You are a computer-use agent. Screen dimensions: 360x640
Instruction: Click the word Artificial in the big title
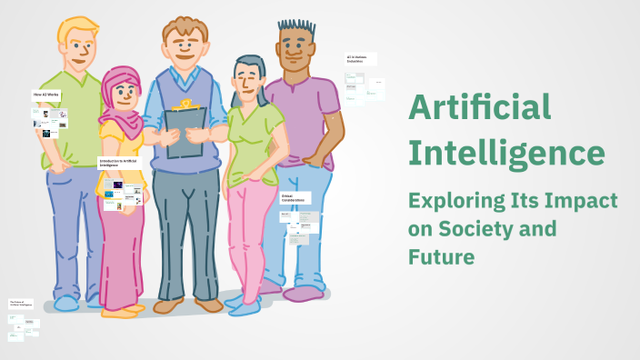[479, 108]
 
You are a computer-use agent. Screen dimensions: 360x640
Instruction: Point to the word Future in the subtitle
[441, 257]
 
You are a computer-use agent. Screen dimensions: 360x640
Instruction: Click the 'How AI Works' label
[45, 95]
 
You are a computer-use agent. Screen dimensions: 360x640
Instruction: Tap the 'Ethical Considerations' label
[295, 198]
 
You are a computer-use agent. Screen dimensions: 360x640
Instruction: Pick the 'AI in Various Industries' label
[360, 58]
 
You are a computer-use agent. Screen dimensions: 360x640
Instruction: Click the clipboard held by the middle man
[185, 132]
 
